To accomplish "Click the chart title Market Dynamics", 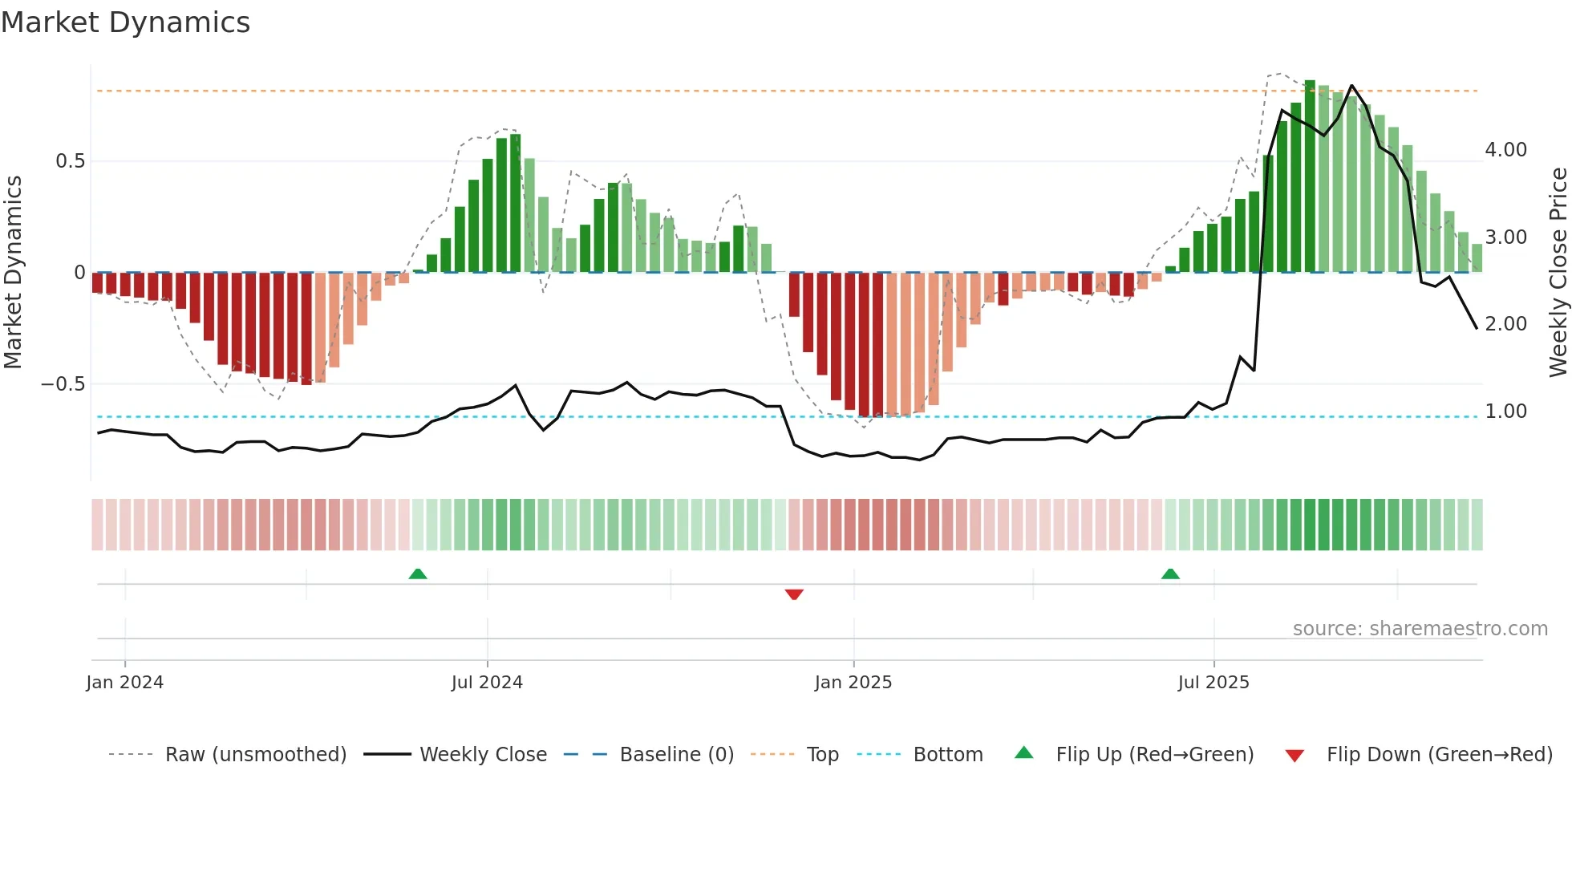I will point(125,22).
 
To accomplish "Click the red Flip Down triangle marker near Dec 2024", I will point(794,594).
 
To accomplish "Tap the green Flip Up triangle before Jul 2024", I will point(418,574).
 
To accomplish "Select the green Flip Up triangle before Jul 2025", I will point(1170,574).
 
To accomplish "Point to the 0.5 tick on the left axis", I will point(70,161).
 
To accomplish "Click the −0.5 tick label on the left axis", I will point(63,384).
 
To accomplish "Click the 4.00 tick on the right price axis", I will point(1505,150).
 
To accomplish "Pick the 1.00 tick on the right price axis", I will point(1505,412).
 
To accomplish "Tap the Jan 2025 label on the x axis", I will point(853,683).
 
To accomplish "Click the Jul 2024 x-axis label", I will point(487,683).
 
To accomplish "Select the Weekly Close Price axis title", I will point(1558,272).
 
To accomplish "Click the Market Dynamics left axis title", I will point(13,272).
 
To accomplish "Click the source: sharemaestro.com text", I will point(1420,629).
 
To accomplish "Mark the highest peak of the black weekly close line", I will point(1352,85).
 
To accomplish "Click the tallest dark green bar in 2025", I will point(1310,176).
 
